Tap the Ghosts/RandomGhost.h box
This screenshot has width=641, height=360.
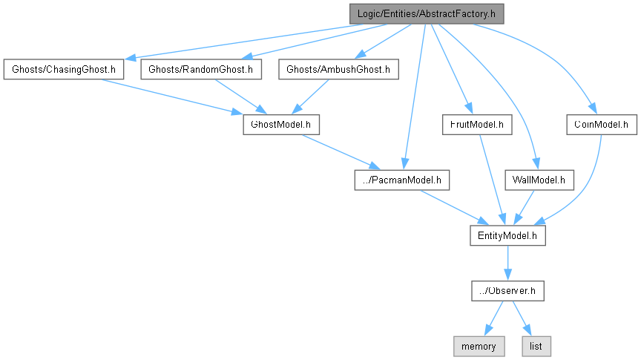(x=201, y=70)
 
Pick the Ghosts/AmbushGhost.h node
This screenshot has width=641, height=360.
(x=338, y=70)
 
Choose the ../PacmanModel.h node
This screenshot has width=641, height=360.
(x=401, y=180)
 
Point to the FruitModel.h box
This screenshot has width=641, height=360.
(x=476, y=124)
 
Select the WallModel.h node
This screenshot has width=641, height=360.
(x=539, y=180)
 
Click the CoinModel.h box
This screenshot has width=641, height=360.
(x=602, y=124)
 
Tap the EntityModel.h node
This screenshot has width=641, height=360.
(x=507, y=235)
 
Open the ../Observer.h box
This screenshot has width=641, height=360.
(x=507, y=291)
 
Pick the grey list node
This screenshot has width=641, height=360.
(x=537, y=346)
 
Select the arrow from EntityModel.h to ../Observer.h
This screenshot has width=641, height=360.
(x=507, y=263)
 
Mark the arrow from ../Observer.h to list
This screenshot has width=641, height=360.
(x=522, y=318)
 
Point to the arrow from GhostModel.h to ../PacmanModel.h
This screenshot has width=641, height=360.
(x=338, y=151)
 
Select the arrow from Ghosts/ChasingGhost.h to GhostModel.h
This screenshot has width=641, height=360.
(x=171, y=96)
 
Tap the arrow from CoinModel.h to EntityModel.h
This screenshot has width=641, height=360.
(x=586, y=186)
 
